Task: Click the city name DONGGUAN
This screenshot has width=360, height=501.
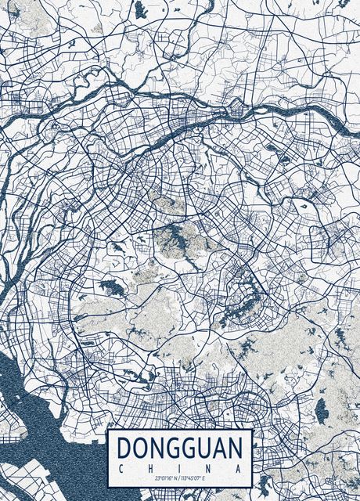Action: [180, 449]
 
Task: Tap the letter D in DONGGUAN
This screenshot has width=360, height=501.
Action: [124, 449]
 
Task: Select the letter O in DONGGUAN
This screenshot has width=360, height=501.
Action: [140, 449]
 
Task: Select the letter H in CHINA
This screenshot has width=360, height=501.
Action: [150, 467]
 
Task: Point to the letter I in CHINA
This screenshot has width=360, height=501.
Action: [180, 467]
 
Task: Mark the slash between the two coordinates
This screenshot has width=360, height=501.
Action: [178, 478]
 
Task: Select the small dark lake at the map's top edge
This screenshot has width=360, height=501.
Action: [140, 9]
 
